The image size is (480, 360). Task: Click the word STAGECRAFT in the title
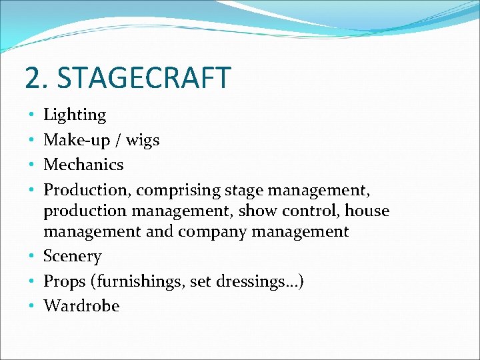[x=144, y=78]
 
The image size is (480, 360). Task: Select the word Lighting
[x=75, y=115]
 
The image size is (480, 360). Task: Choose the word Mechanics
[x=83, y=165]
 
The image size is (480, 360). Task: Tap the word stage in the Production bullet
[x=245, y=191]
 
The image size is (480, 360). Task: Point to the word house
[x=367, y=211]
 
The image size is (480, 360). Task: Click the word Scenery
[x=72, y=257]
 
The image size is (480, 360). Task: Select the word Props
[x=67, y=282]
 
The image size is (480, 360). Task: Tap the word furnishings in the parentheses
[x=141, y=282]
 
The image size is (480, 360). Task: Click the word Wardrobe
[x=81, y=307]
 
